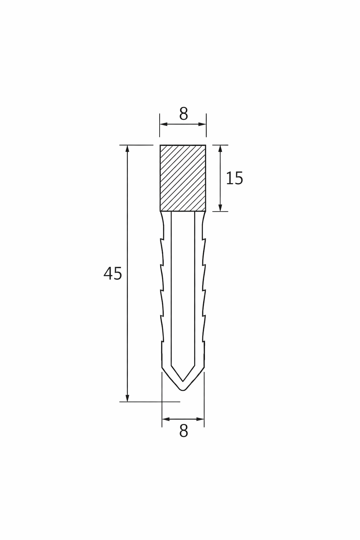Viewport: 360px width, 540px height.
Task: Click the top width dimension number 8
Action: [183, 114]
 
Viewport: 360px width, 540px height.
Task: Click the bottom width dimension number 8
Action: [183, 431]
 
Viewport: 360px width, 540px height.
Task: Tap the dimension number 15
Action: [234, 178]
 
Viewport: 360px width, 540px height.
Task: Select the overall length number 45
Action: [112, 274]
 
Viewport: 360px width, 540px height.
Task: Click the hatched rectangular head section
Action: [183, 178]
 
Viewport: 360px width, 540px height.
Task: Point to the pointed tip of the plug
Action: [183, 390]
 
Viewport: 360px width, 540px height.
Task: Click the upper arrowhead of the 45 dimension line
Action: [128, 148]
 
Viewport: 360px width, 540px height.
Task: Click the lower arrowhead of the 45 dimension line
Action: [128, 398]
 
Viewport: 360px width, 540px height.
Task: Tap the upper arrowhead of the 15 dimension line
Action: [220, 148]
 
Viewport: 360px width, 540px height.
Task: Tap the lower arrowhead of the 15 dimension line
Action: [220, 208]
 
